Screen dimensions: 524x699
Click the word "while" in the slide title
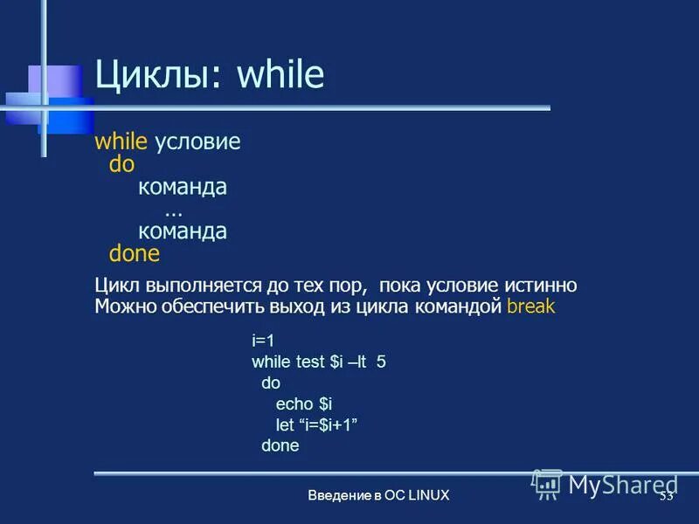[280, 76]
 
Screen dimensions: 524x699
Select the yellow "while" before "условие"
[121, 142]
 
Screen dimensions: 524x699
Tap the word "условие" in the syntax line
[197, 142]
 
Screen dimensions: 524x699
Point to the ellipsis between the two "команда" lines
[173, 210]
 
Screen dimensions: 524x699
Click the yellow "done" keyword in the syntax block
[135, 254]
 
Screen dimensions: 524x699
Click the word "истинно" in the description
[541, 286]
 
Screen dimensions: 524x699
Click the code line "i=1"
[263, 339]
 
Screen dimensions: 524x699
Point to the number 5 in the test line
[381, 361]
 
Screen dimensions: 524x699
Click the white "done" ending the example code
[280, 445]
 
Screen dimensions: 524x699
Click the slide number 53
[666, 495]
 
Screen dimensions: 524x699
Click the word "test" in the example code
[312, 361]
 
